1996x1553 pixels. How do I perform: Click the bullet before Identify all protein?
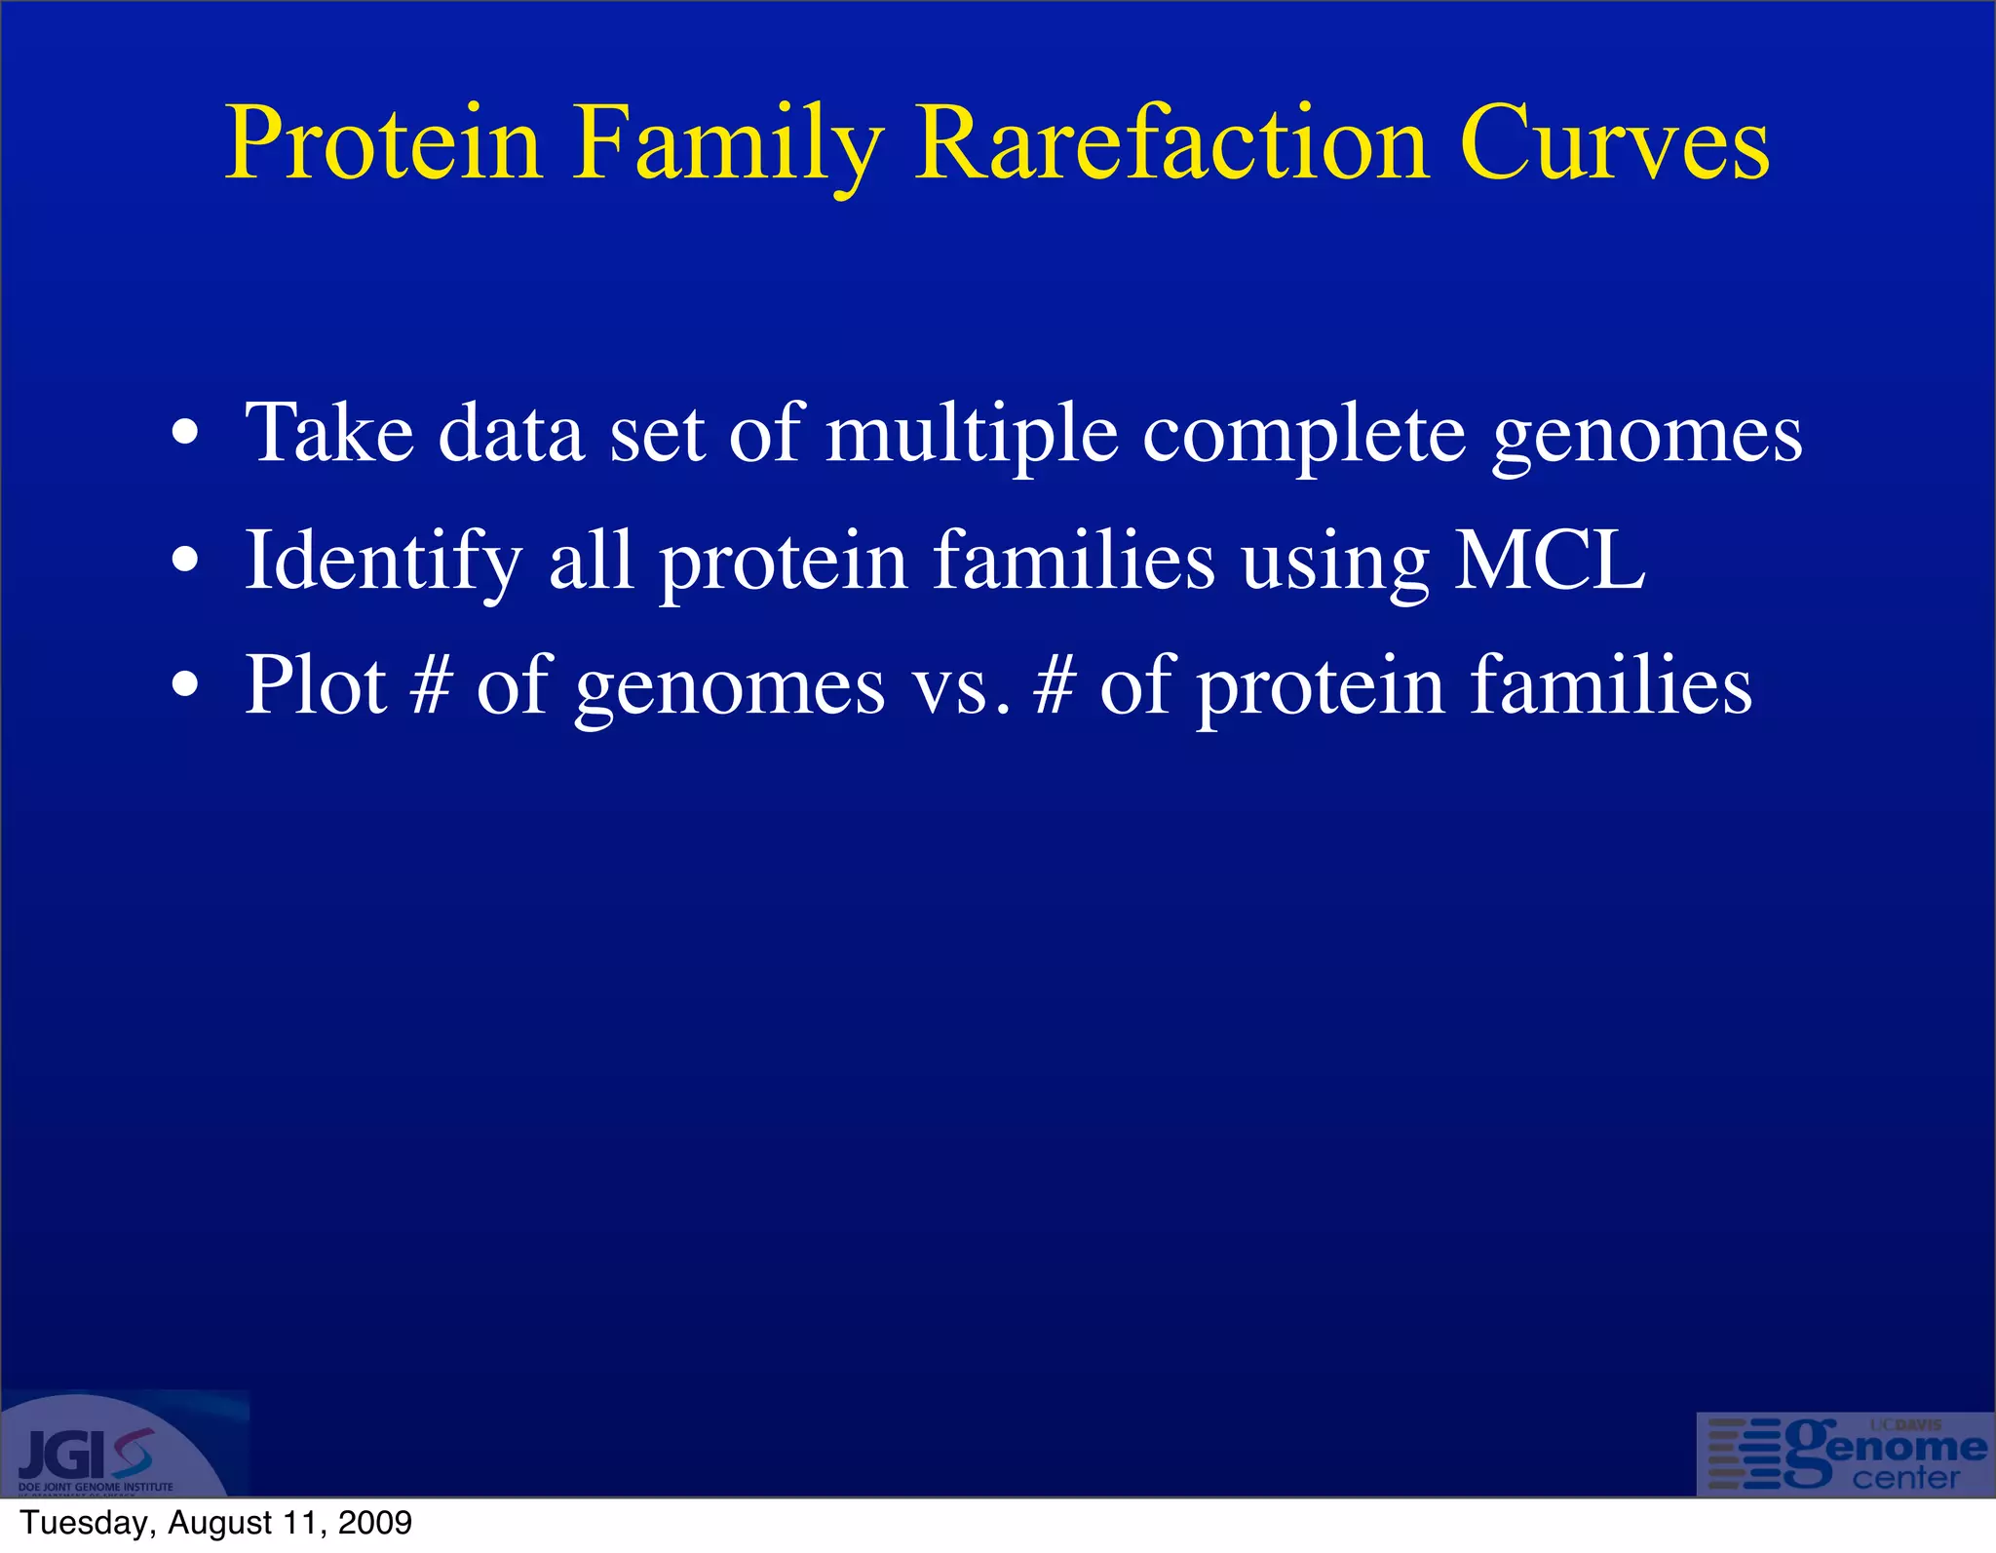(184, 561)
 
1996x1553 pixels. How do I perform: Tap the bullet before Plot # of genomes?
(184, 686)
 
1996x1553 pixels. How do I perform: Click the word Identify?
(383, 563)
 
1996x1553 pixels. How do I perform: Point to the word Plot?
(315, 685)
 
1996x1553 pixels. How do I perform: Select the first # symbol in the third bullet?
(431, 685)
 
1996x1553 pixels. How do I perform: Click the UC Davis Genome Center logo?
(1845, 1454)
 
